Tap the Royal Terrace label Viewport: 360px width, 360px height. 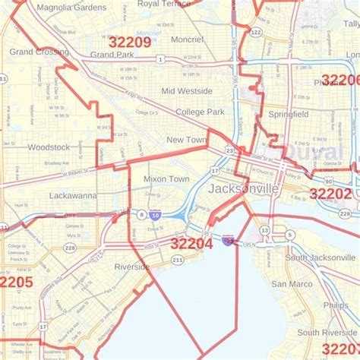point(164,4)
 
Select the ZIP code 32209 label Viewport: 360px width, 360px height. point(129,43)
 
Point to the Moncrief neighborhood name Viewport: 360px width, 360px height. point(187,39)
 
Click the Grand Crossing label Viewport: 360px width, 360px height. point(39,52)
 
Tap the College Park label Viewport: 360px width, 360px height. point(200,112)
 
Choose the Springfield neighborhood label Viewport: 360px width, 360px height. point(288,114)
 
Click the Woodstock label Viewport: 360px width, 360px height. point(48,147)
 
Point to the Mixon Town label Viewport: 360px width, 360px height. point(166,179)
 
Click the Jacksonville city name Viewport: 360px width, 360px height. point(243,188)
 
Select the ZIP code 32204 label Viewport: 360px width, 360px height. point(191,244)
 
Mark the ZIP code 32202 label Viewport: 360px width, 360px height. point(330,194)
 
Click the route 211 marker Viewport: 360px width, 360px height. point(177,260)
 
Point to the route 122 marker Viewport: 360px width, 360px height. point(256,32)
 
